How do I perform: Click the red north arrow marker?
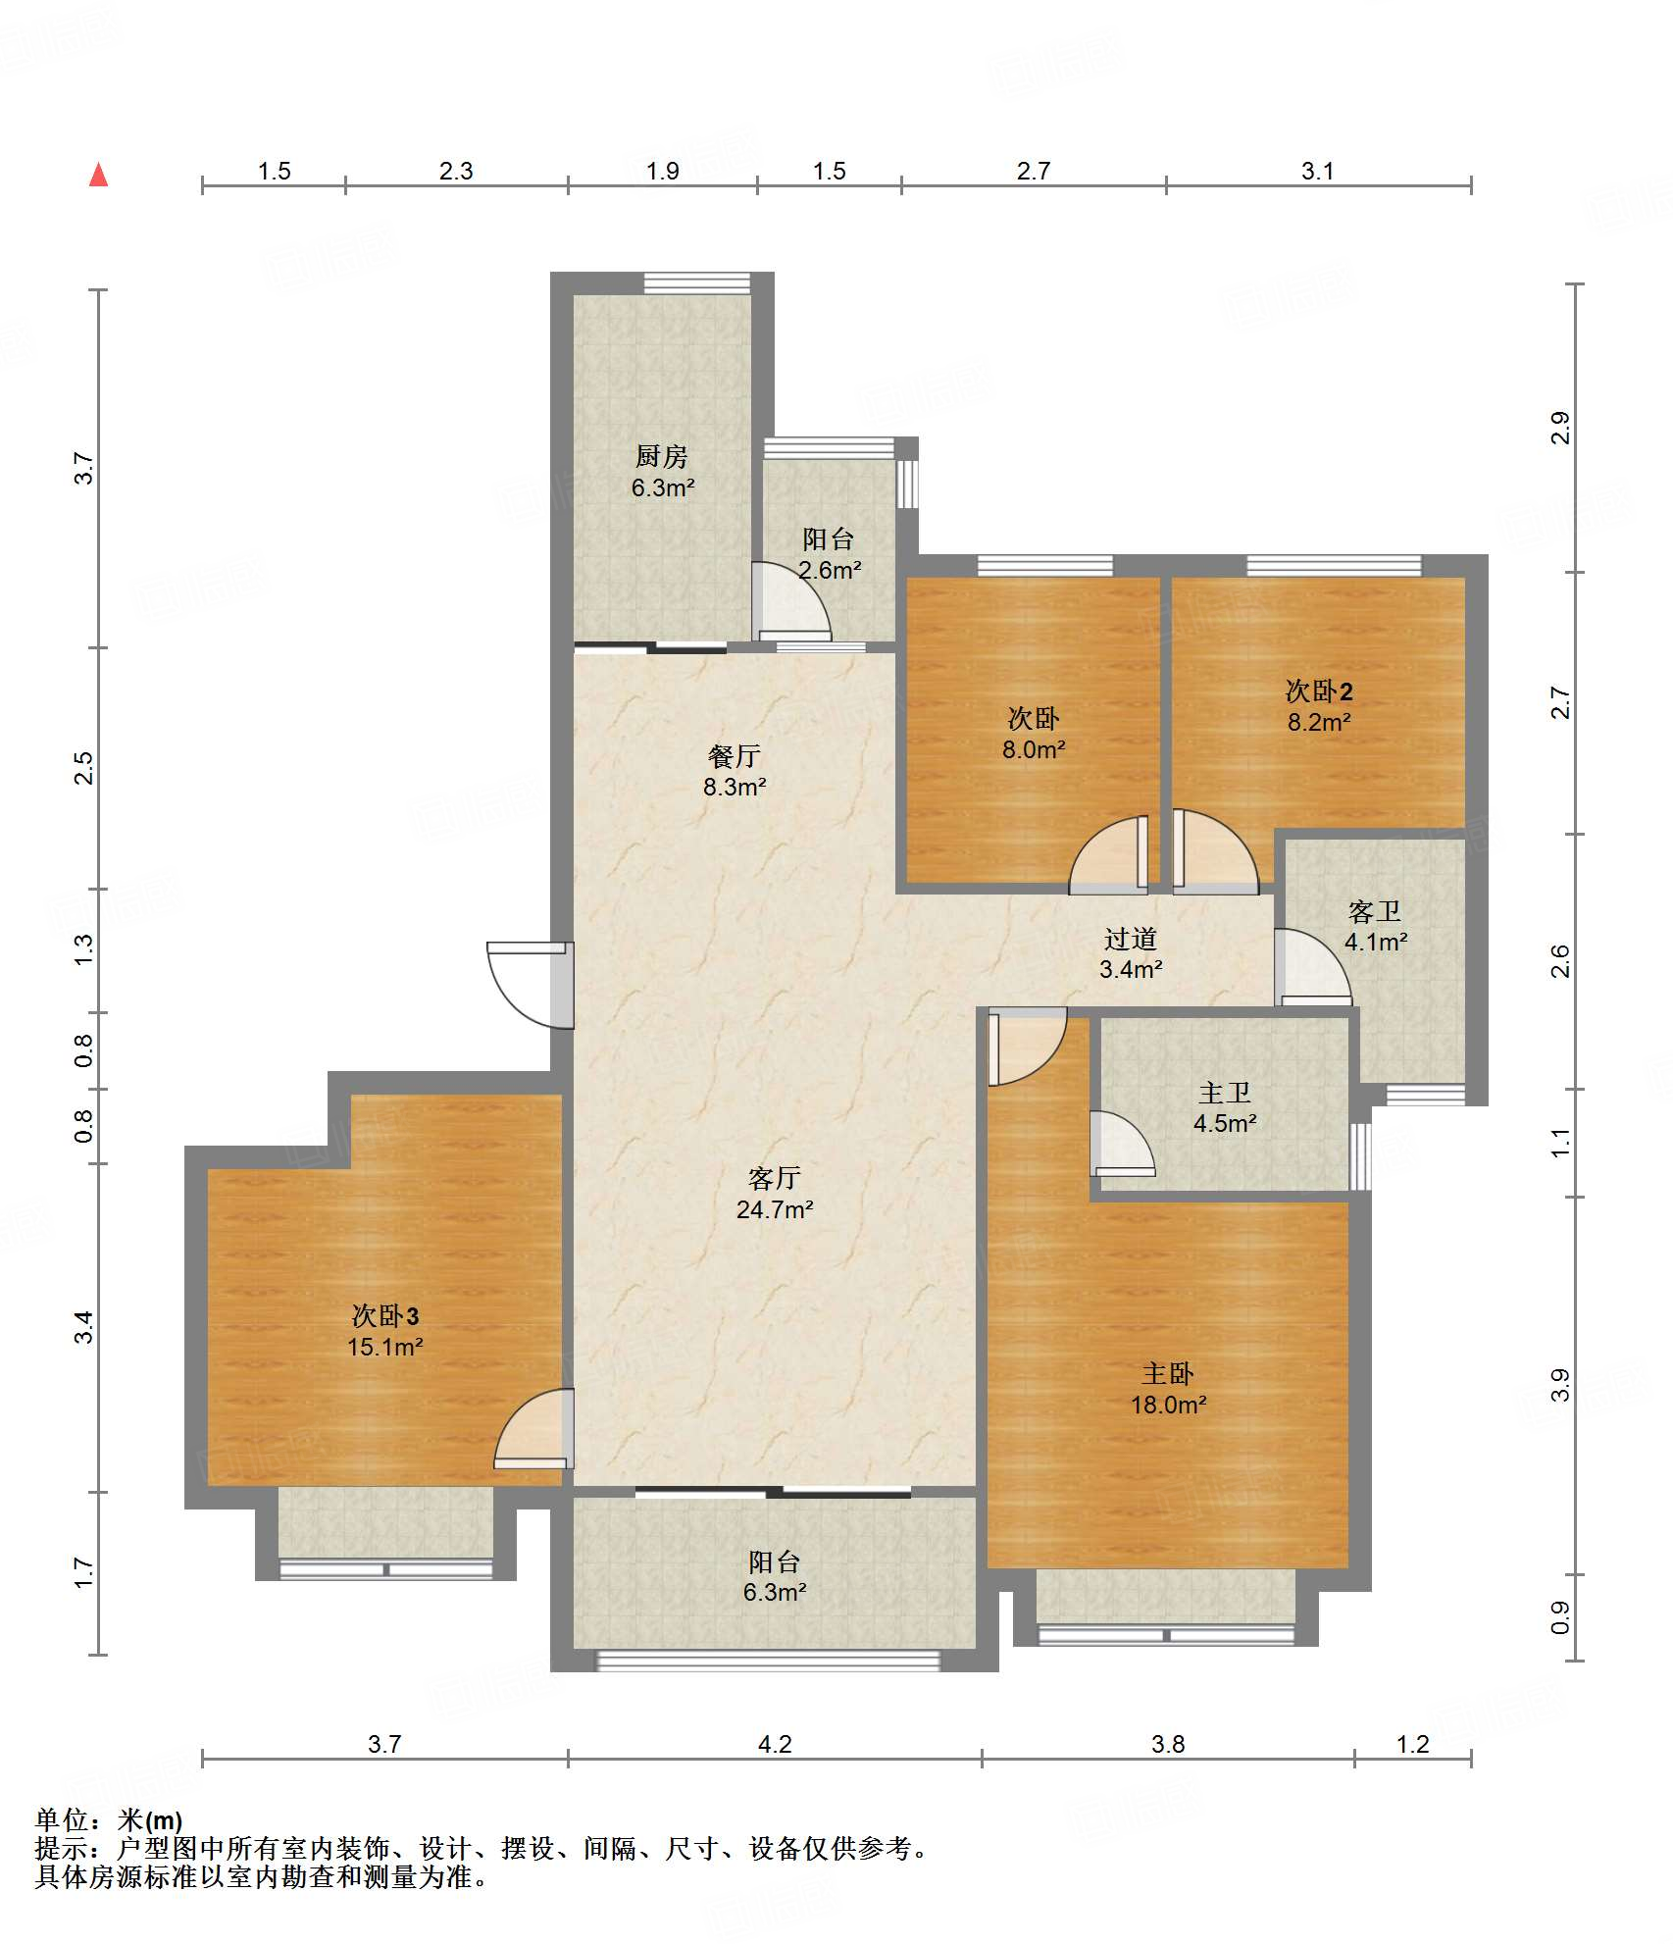pos(98,175)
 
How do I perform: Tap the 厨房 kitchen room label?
pos(662,472)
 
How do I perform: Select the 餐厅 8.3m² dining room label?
pos(735,771)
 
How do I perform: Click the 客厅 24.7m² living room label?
pos(775,1194)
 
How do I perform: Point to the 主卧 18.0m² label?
pos(1168,1389)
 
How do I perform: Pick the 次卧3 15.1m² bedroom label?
pos(385,1331)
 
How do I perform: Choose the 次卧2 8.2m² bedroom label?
pos(1319,706)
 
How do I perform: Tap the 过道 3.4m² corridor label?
pos(1131,954)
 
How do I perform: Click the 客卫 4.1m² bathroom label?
pos(1375,927)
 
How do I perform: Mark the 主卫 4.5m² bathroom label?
pos(1225,1108)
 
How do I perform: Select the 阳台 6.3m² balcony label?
pos(775,1577)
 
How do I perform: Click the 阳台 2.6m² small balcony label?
pos(829,554)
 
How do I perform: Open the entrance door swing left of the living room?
pos(531,985)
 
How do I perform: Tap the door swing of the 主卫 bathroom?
pos(1122,1144)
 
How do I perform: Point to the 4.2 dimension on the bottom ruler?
pos(775,1744)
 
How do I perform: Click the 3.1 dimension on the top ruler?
pos(1317,171)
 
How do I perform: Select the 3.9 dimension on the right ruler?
pos(1559,1385)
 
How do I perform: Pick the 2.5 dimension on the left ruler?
pos(84,767)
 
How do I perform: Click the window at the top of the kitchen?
pos(697,283)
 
